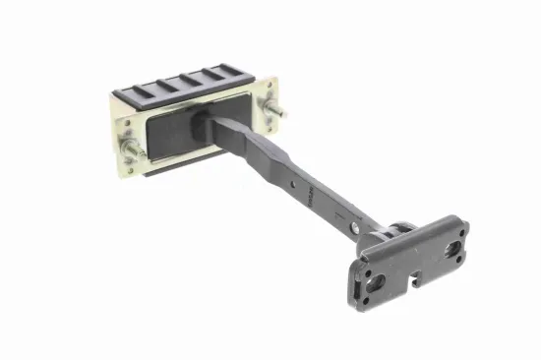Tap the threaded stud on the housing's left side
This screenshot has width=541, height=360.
point(130,150)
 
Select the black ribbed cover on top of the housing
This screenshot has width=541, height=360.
point(187,82)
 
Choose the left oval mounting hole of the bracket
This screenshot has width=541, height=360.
point(374,282)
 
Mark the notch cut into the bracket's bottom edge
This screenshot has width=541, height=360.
point(414,286)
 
